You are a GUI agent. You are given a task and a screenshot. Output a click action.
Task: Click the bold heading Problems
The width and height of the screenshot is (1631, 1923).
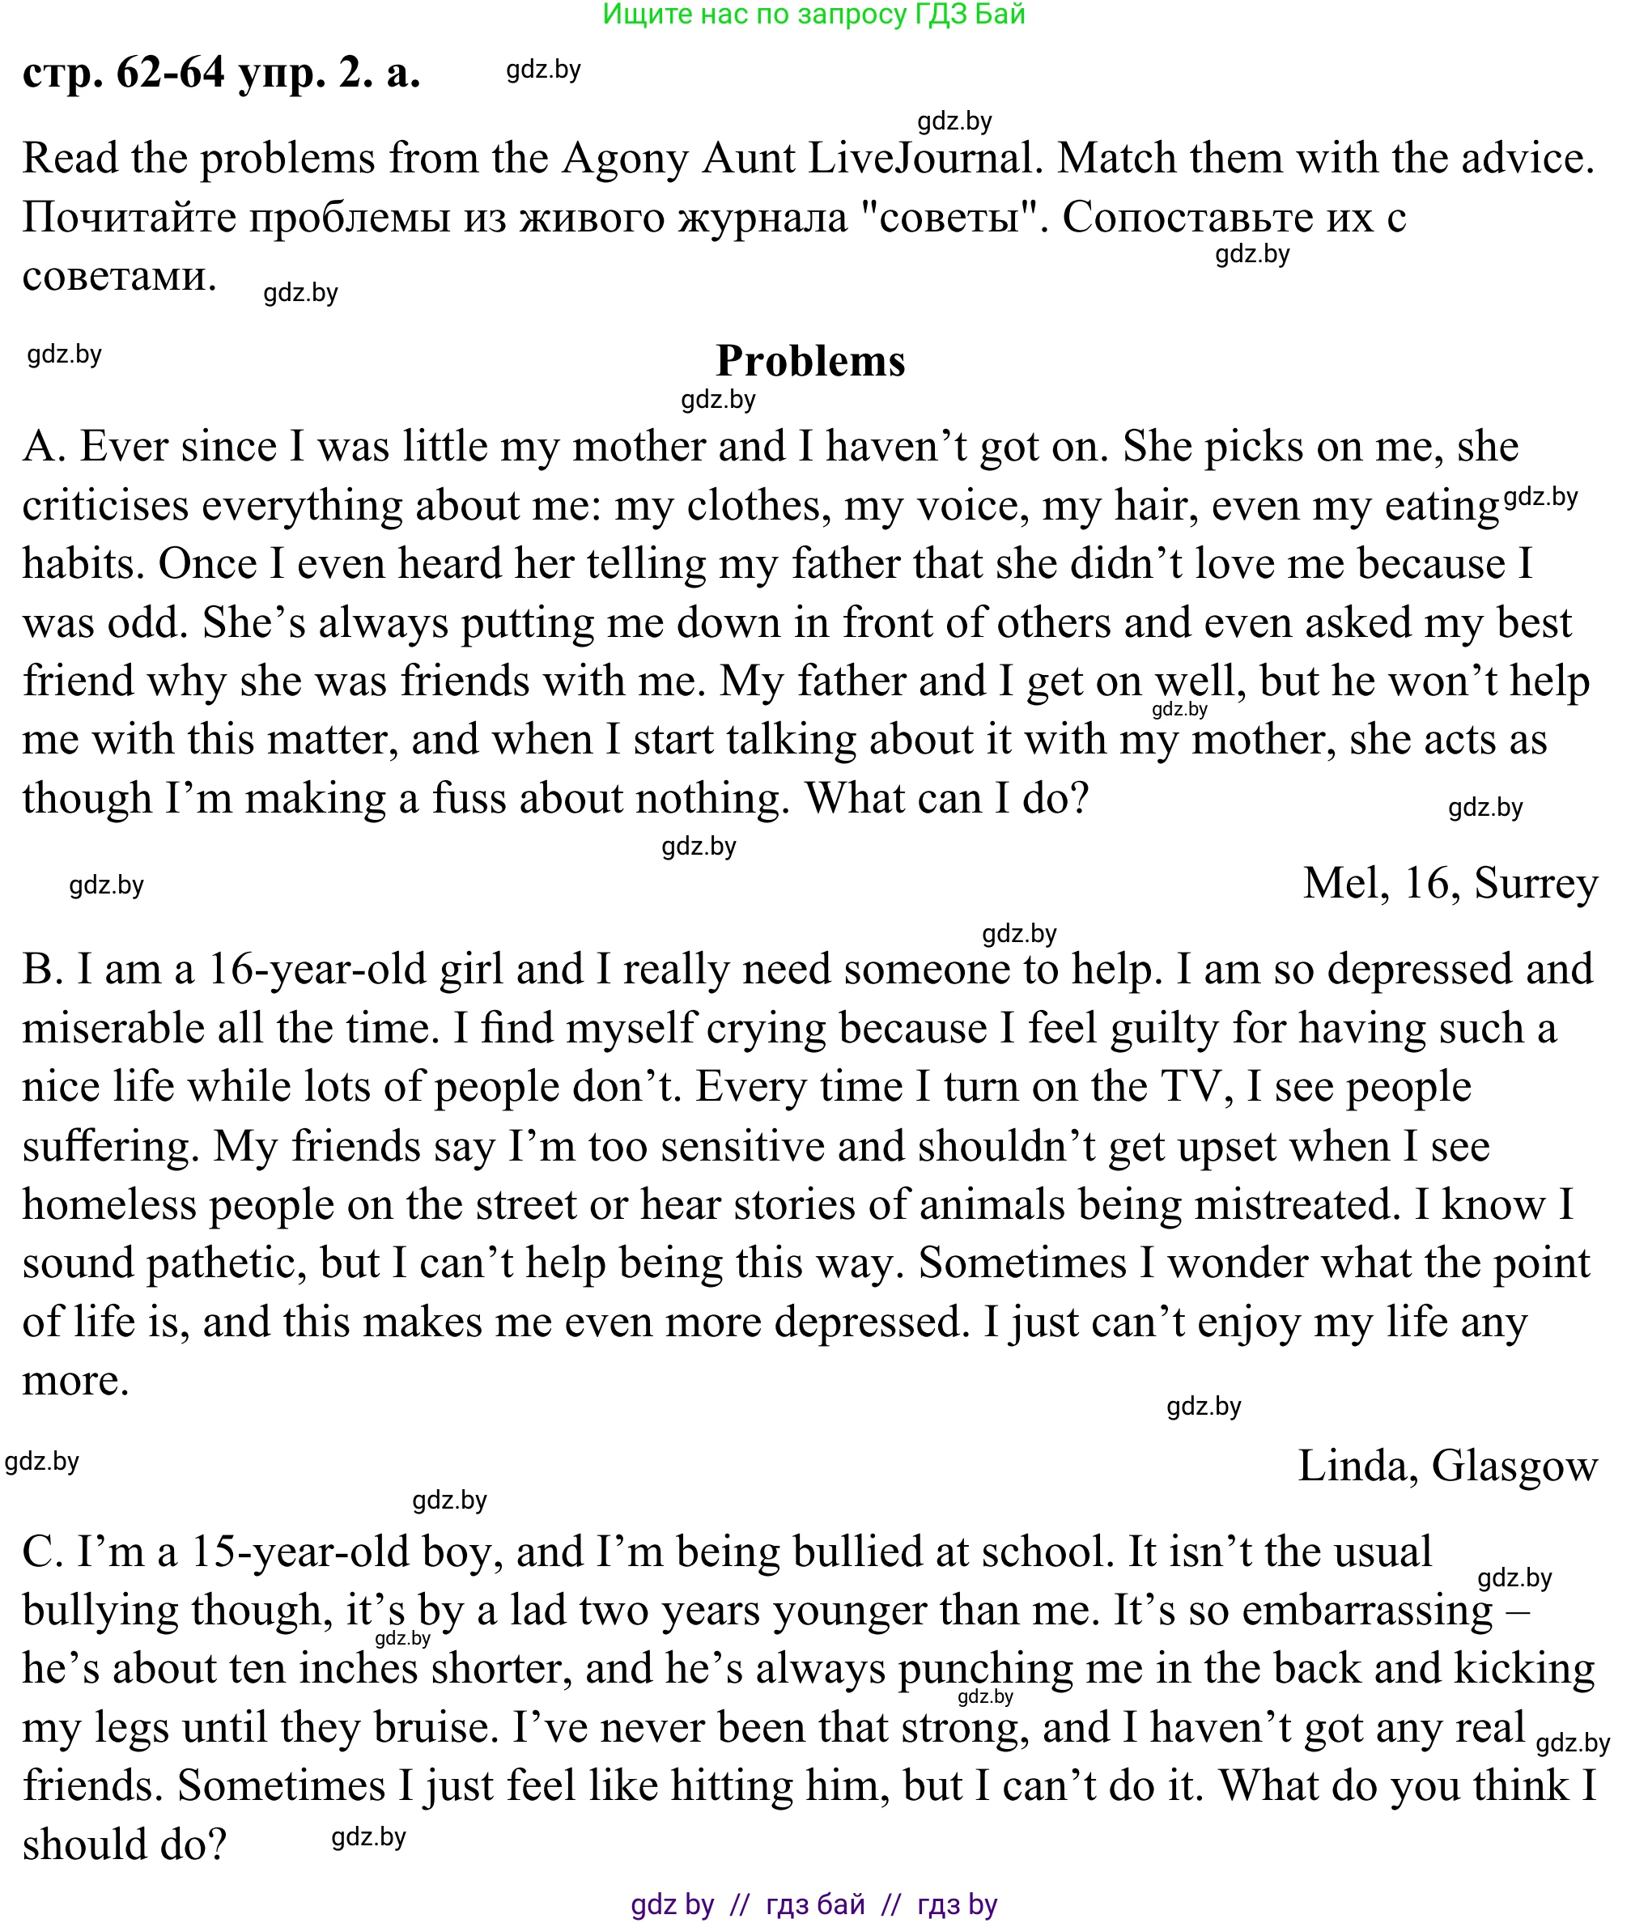810,361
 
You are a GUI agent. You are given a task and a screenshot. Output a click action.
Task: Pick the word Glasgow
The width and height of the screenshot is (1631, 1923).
1514,1467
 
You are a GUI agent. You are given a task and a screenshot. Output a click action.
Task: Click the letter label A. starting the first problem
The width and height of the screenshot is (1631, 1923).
44,447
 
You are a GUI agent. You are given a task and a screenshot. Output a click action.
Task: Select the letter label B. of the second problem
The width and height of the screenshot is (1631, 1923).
43,970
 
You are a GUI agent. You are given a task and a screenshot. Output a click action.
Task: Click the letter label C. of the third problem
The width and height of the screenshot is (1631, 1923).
43,1552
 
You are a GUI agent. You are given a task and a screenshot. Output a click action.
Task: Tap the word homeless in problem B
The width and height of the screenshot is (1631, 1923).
109,1204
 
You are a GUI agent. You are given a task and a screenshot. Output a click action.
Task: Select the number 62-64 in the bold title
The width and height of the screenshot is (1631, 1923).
171,71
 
